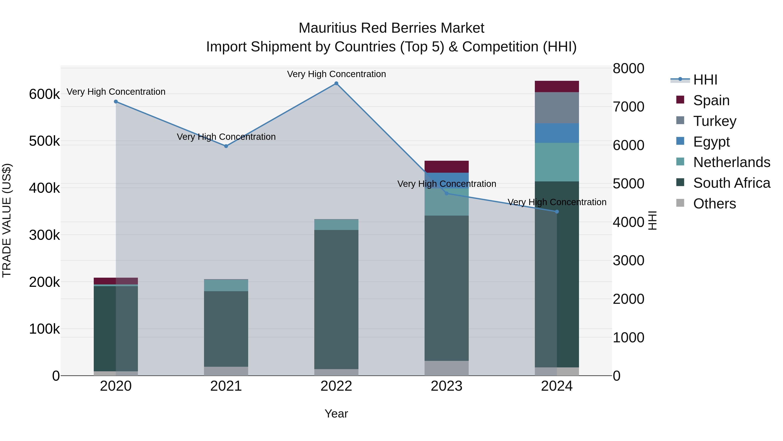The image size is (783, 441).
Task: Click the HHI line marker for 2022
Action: coord(336,83)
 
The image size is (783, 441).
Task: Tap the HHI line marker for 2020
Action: coord(116,102)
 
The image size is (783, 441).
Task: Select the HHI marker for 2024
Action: coord(557,211)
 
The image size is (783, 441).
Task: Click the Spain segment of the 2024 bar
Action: coord(557,86)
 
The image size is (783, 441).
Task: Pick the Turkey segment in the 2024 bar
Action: coord(557,108)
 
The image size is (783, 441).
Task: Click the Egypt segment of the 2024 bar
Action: coord(557,133)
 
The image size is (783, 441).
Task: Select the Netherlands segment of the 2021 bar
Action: coord(226,285)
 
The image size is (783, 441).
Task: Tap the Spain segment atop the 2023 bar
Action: coord(447,166)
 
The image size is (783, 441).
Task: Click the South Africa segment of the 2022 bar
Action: coord(336,299)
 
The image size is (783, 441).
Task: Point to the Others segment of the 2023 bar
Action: coord(447,368)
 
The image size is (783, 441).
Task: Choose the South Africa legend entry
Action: coord(731,183)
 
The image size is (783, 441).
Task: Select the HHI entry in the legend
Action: coord(705,80)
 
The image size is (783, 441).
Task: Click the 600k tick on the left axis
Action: coord(44,94)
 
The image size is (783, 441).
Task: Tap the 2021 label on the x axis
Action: coord(226,386)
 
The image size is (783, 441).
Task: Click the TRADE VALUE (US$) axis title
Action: coord(7,220)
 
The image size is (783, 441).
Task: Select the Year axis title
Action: coord(336,414)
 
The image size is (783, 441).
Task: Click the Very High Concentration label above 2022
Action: coord(336,74)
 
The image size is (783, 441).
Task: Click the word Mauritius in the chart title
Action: coord(327,28)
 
